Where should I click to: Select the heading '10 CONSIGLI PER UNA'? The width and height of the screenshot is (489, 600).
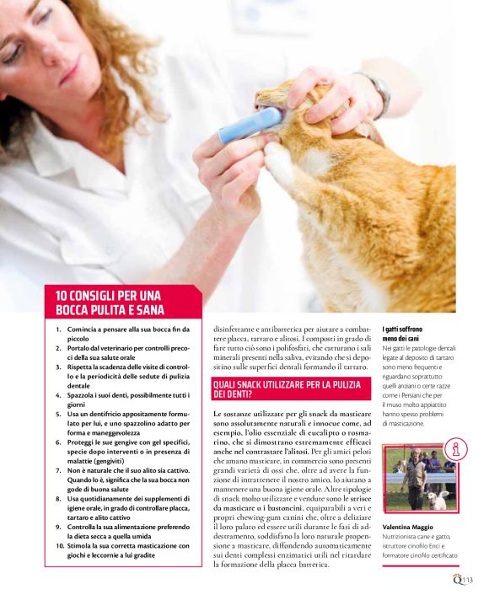pyautogui.click(x=109, y=296)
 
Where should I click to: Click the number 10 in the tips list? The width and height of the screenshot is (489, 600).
pyautogui.click(x=60, y=546)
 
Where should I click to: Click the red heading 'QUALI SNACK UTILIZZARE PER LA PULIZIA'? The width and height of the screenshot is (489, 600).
pyautogui.click(x=287, y=384)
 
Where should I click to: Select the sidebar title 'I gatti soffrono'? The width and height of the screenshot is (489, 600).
pyautogui.click(x=402, y=329)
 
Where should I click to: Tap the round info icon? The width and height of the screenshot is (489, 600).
pyautogui.click(x=455, y=449)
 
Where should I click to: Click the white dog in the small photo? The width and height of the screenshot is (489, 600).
pyautogui.click(x=438, y=500)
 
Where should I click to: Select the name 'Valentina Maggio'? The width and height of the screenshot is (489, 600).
pyautogui.click(x=408, y=528)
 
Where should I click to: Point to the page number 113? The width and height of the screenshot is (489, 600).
pyautogui.click(x=468, y=580)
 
